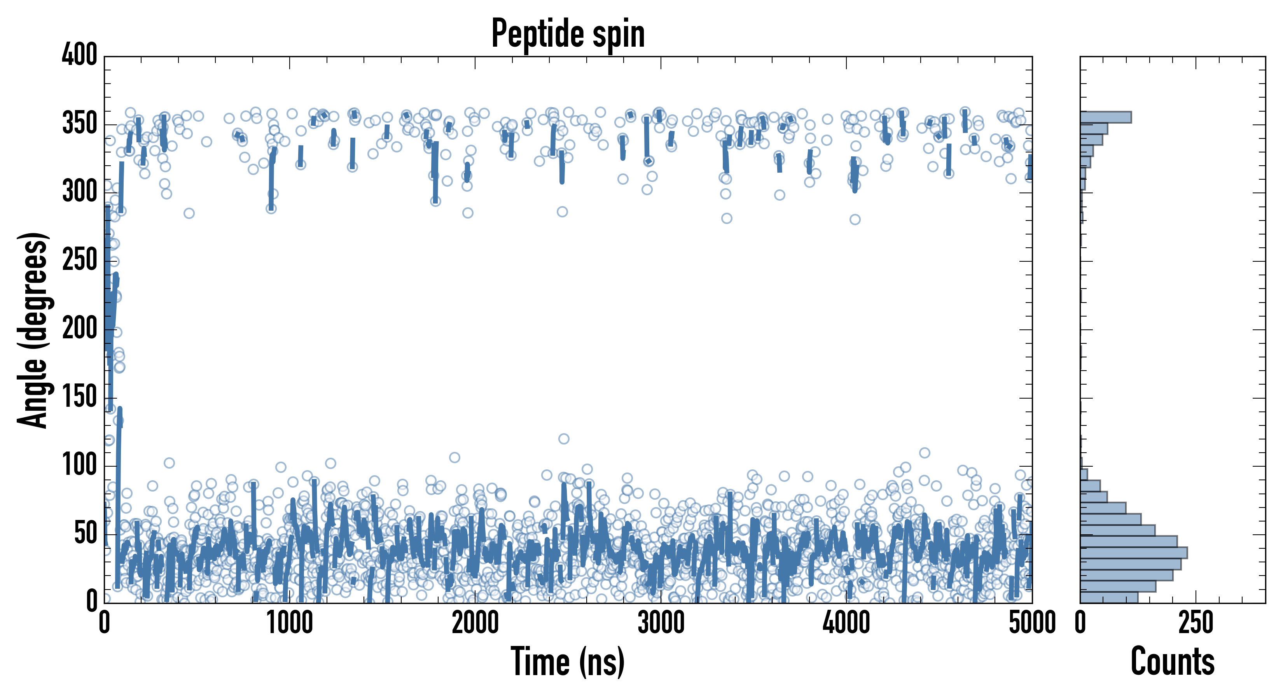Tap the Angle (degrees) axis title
[x=33, y=330]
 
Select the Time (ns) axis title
[x=567, y=661]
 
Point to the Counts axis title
[x=1173, y=661]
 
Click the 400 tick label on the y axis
[x=80, y=55]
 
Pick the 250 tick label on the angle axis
[x=80, y=261]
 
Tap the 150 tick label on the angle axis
[x=80, y=397]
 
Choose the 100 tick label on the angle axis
[x=80, y=466]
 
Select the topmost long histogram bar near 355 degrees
[x=1106, y=117]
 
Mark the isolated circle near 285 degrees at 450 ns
[x=189, y=213]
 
